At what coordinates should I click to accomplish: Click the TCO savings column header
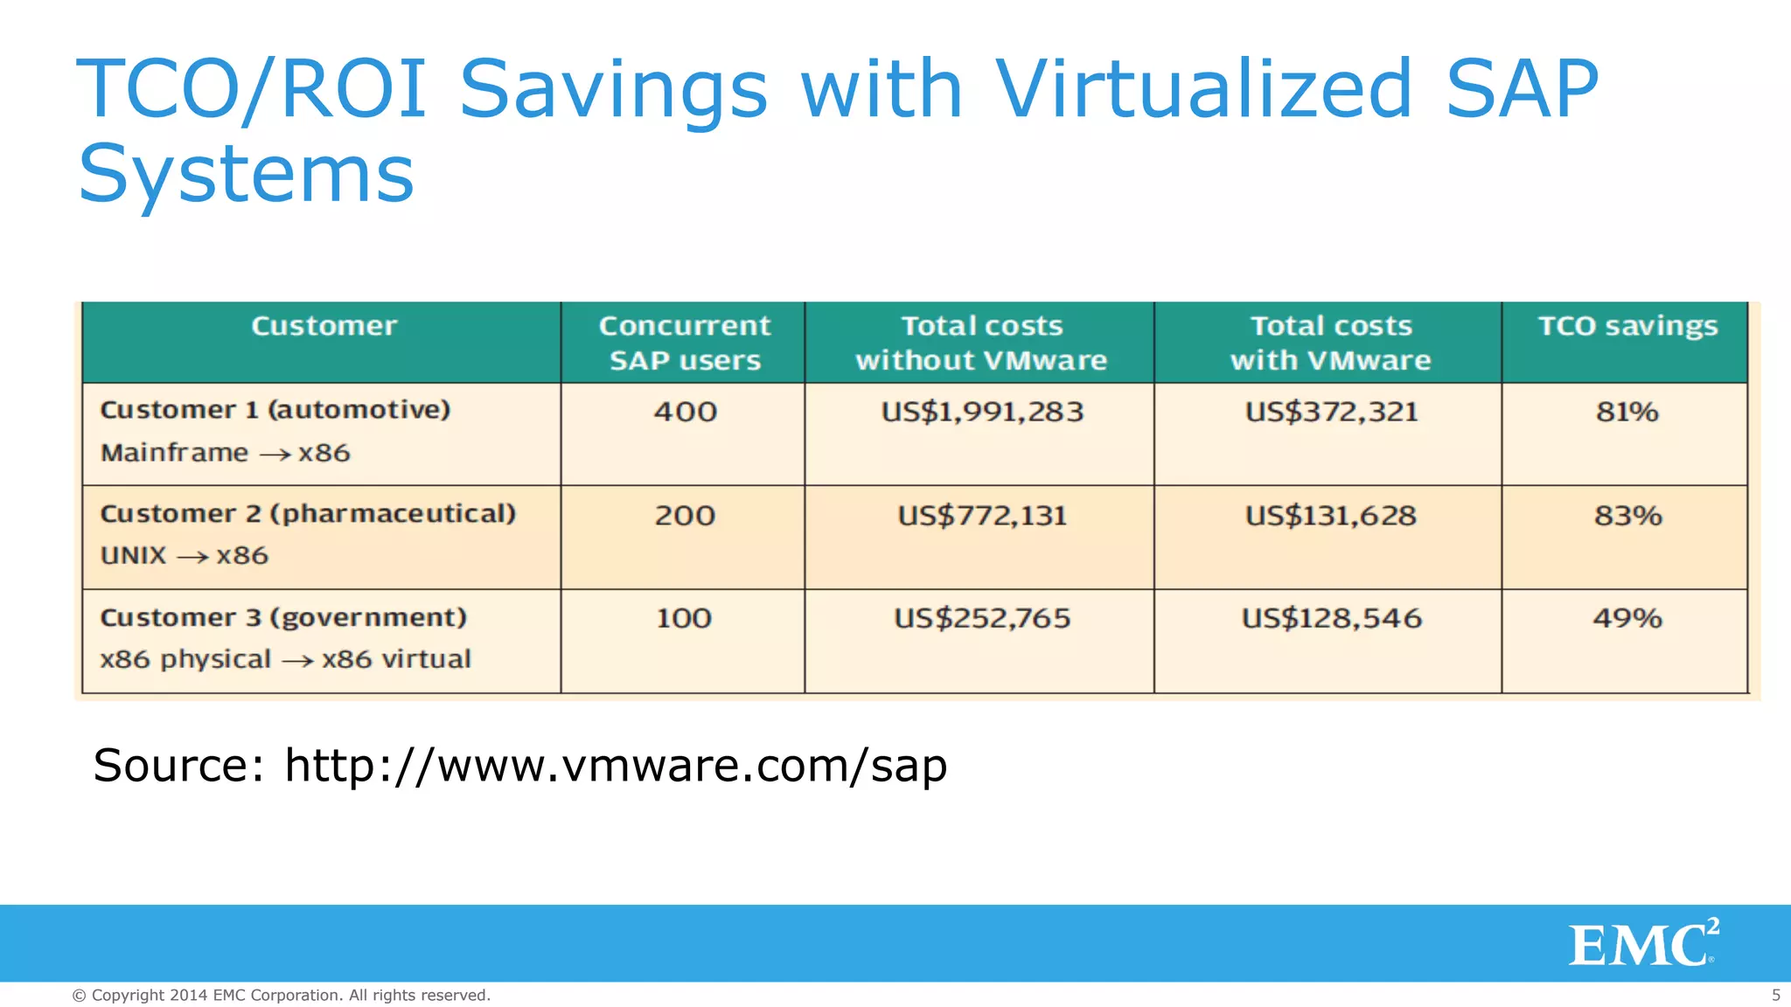[x=1627, y=326]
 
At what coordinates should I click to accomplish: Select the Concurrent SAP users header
[x=684, y=343]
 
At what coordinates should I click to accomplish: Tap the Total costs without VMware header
[x=981, y=343]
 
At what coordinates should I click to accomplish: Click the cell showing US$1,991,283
[x=982, y=412]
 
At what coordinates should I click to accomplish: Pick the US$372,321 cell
[x=1331, y=412]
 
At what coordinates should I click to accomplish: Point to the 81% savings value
[x=1627, y=412]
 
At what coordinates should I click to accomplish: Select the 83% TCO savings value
[x=1627, y=516]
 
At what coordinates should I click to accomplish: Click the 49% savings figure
[x=1627, y=619]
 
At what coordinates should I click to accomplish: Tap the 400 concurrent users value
[x=685, y=412]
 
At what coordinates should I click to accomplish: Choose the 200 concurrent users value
[x=685, y=516]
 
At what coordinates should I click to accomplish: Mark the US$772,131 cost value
[x=982, y=516]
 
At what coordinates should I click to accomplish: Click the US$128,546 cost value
[x=1331, y=619]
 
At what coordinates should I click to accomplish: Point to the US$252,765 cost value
[x=982, y=619]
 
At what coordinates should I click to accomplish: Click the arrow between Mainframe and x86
[x=275, y=455]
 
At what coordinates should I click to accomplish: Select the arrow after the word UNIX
[x=192, y=557]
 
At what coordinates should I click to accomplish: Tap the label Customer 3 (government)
[x=283, y=618]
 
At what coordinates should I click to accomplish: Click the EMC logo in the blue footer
[x=1643, y=943]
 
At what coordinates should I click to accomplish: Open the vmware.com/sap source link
[x=616, y=766]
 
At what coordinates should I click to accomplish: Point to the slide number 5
[x=1775, y=995]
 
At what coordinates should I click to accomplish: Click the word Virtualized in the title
[x=1203, y=88]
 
